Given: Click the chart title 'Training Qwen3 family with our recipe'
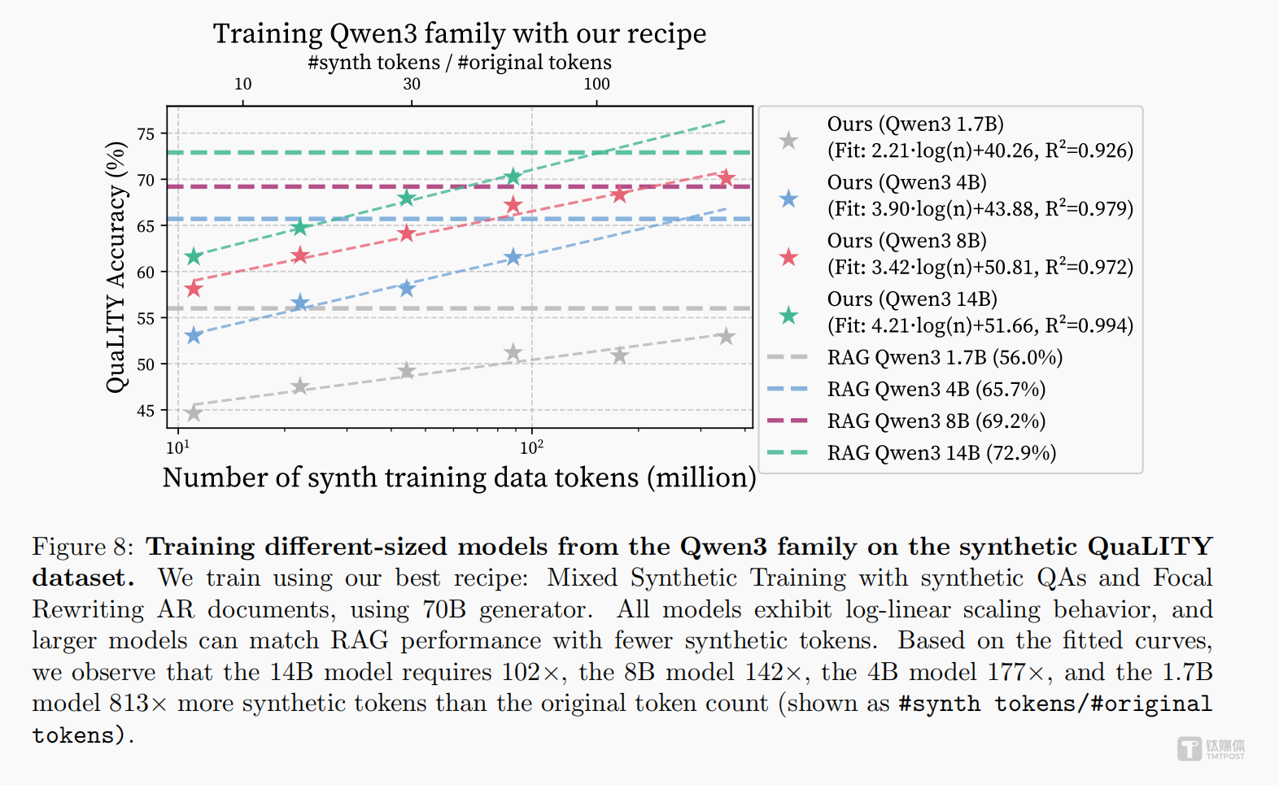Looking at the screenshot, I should (x=460, y=34).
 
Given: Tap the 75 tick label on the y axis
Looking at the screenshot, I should (x=146, y=134).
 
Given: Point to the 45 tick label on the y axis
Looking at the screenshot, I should (x=146, y=411).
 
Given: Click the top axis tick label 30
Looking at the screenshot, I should (x=412, y=84).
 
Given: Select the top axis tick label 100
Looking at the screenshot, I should (x=596, y=84).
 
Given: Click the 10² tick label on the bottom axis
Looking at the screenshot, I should (x=531, y=447).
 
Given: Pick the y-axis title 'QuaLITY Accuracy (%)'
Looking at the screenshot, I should (x=117, y=267).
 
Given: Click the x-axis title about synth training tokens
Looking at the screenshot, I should (x=460, y=478).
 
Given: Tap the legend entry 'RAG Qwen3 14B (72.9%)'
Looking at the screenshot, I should (x=941, y=452).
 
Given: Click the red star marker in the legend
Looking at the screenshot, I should (x=788, y=258).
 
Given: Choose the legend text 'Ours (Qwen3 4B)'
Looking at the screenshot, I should (x=906, y=182).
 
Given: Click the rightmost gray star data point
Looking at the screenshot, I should (x=726, y=337).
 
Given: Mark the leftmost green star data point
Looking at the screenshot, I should (x=194, y=257).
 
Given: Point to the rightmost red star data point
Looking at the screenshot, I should (x=726, y=177).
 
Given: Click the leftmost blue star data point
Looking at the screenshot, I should (x=194, y=335).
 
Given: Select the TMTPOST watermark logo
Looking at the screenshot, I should (x=1211, y=748).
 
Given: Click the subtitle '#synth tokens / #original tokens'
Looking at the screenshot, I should (x=460, y=63).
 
